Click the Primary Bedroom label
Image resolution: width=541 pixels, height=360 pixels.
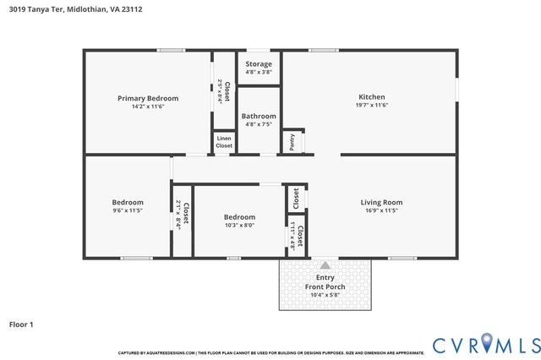tap(148, 98)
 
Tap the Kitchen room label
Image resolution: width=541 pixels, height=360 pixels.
tap(372, 97)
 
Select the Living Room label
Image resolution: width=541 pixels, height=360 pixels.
tap(381, 202)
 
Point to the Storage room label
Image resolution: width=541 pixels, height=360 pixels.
tap(259, 64)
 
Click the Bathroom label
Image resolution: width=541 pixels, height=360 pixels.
tap(259, 116)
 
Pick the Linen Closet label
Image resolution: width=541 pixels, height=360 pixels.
tap(224, 142)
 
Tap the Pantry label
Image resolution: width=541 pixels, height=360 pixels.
tap(292, 142)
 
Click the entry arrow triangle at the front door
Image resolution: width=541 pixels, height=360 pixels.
tap(325, 265)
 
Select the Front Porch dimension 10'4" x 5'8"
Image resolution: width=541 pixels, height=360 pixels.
tap(325, 295)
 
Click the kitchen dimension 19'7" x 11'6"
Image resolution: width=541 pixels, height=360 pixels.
tap(372, 106)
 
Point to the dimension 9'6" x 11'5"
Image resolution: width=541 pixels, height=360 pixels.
tap(128, 210)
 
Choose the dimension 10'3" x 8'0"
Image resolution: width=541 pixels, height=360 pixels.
tap(238, 224)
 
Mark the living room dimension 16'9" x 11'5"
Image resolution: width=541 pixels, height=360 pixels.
tap(381, 210)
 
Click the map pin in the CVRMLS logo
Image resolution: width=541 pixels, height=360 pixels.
tap(486, 343)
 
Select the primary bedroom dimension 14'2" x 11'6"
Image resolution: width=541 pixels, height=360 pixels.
tap(148, 106)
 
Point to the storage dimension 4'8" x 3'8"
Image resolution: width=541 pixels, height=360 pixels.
tap(259, 72)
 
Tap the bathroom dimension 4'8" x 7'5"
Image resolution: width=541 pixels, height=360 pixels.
tap(259, 124)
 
